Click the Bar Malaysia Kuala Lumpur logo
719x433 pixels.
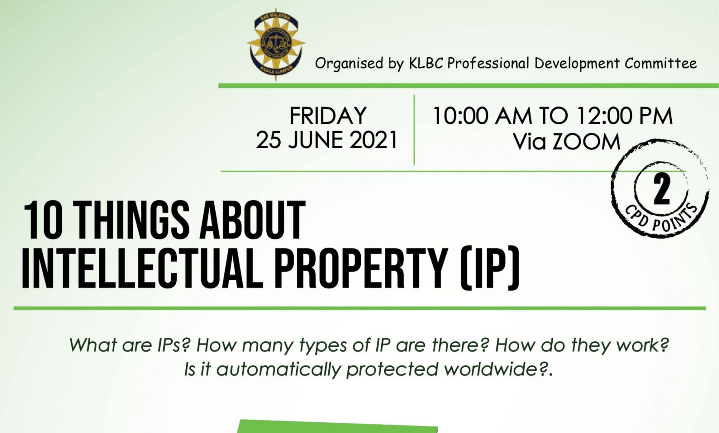(x=276, y=44)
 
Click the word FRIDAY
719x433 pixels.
(x=328, y=116)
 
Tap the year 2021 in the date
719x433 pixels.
(x=373, y=140)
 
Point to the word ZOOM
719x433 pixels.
(x=586, y=142)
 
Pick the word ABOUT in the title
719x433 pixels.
(x=252, y=220)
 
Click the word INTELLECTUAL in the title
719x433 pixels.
(x=142, y=268)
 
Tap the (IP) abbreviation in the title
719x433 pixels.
(x=489, y=269)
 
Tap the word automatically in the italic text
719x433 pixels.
(x=279, y=369)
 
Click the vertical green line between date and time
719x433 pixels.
(x=415, y=130)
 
